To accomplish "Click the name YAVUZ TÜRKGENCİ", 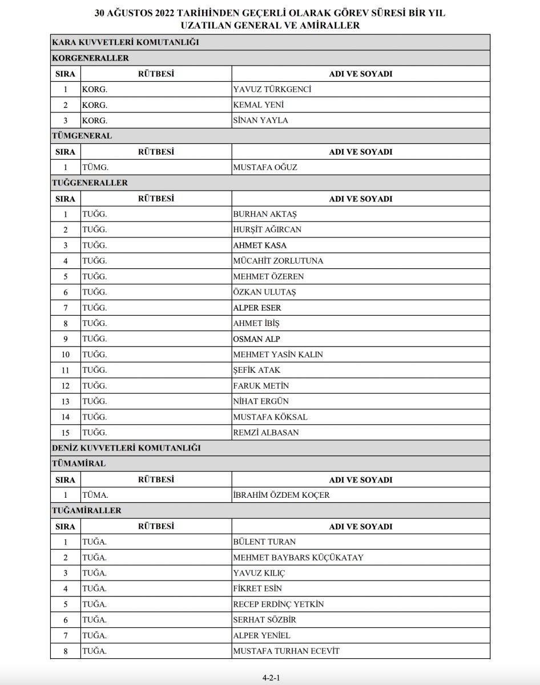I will (272, 90).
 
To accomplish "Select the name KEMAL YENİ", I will (259, 105).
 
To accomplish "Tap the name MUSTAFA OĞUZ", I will (265, 168).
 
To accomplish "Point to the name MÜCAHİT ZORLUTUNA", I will (278, 261).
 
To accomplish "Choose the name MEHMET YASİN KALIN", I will (278, 354).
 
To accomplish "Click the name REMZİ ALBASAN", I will (266, 433).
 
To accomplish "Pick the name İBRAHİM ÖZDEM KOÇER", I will (281, 495).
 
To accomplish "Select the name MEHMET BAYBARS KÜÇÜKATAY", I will (298, 558).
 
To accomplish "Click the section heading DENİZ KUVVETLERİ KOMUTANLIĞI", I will (126, 448).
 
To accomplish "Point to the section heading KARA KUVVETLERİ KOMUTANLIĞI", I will (126, 42).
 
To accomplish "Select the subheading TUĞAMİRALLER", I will (87, 510).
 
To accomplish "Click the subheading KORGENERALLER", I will (90, 58).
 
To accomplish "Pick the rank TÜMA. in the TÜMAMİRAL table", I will (95, 495).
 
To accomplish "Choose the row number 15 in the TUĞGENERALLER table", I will (66, 433).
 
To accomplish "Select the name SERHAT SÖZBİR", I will (265, 620).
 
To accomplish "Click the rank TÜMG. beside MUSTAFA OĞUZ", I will (95, 168).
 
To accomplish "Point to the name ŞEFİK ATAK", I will (257, 370).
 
